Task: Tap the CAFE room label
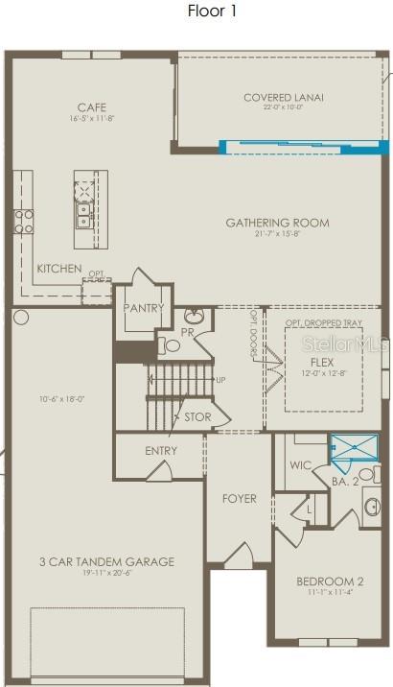pos(92,107)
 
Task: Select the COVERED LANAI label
pos(283,97)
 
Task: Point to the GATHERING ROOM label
pos(277,223)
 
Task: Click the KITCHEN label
pos(59,269)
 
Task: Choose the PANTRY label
pos(144,308)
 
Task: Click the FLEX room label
pos(321,363)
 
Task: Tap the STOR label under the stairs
pos(197,417)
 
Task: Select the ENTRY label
pos(161,451)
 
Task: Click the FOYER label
pos(239,498)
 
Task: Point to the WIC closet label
pos(301,465)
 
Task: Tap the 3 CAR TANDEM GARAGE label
pos(106,561)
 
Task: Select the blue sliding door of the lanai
pos(304,148)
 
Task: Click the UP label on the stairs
pos(220,381)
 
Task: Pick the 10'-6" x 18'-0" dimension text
pos(61,399)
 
